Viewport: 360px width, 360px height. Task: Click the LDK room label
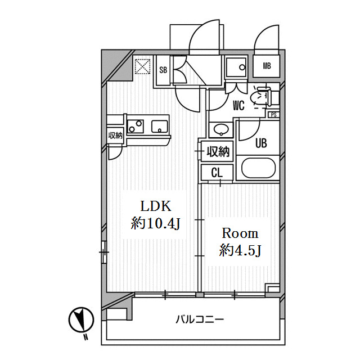tap(156, 206)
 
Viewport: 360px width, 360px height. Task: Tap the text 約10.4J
tap(156, 223)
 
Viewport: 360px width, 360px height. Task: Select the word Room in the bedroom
tap(240, 233)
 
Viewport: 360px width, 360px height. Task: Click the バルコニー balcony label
tap(200, 319)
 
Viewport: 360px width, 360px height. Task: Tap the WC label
tap(238, 106)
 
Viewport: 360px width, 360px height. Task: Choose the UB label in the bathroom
tap(261, 143)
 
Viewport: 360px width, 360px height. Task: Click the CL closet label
tap(217, 173)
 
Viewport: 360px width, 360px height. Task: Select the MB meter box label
tap(267, 66)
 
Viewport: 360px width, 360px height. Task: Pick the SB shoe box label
tap(163, 70)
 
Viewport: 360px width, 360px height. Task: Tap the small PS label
tap(274, 115)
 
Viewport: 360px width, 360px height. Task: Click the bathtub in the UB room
tap(258, 168)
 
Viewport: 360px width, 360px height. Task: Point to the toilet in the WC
tap(263, 97)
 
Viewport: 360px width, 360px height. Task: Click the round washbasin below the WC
tap(221, 129)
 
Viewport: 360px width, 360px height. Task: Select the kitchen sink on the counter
tap(160, 127)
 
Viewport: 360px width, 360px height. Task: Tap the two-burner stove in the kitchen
tap(136, 127)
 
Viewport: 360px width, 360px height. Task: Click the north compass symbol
tap(81, 320)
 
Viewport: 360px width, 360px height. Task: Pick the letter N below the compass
tap(85, 337)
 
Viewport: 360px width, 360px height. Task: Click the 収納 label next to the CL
tap(218, 151)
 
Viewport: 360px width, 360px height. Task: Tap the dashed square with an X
tap(142, 66)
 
